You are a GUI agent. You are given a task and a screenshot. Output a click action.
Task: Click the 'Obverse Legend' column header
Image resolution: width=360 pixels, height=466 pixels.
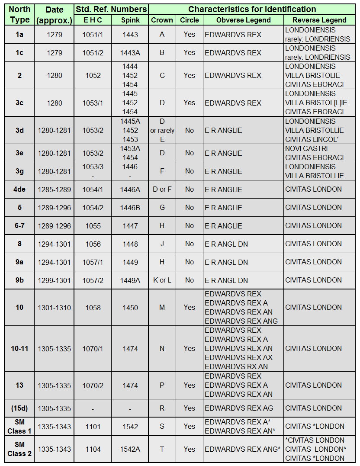243,20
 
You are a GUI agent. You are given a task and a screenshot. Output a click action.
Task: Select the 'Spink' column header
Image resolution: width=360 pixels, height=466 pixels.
130,20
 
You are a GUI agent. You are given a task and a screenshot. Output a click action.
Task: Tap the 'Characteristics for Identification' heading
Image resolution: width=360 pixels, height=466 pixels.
252,9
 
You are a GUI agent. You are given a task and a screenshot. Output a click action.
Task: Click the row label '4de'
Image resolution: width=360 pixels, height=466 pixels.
19,189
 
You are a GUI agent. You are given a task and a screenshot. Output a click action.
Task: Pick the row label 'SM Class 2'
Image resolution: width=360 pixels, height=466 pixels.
19,449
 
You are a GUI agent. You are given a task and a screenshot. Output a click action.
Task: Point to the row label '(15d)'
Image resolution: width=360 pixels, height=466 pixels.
19,408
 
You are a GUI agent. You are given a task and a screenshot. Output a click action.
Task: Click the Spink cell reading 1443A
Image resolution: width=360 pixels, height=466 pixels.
130,53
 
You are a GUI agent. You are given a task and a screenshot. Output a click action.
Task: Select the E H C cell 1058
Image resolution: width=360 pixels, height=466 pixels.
93,308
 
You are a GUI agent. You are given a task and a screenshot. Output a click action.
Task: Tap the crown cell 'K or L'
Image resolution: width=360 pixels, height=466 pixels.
162,280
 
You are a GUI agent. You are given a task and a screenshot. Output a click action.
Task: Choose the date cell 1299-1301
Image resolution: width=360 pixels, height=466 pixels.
55,280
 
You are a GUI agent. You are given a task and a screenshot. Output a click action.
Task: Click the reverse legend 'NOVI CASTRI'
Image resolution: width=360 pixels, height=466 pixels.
306,148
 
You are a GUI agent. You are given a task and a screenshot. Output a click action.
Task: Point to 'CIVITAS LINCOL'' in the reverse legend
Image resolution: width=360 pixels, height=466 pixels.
312,139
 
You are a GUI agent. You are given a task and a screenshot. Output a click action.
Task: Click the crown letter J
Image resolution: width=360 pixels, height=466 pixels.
162,244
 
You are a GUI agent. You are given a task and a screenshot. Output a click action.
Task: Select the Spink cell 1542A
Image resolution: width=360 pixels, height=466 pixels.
130,449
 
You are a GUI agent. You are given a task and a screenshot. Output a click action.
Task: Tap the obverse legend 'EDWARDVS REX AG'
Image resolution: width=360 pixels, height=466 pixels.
239,408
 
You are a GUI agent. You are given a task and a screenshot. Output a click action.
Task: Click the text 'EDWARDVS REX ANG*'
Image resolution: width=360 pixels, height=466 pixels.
242,449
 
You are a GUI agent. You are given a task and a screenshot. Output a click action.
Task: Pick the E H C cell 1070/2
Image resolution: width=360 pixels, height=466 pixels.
93,385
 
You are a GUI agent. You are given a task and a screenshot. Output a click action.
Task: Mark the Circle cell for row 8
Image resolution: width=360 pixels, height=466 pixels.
189,244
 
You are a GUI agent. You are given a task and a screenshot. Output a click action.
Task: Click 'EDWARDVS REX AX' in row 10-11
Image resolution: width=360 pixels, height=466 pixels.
239,357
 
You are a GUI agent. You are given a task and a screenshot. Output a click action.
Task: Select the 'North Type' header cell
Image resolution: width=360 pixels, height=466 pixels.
19,14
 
